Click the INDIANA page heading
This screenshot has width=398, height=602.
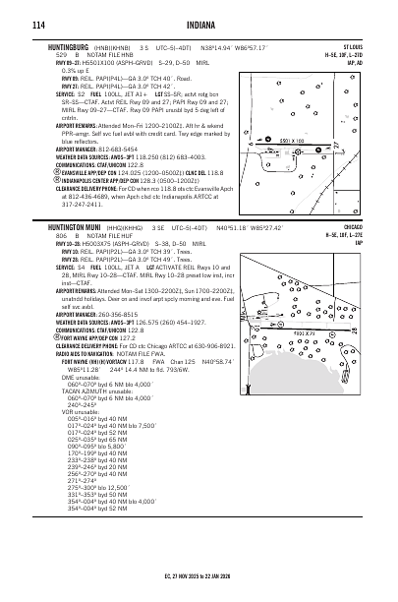point(198,19)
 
